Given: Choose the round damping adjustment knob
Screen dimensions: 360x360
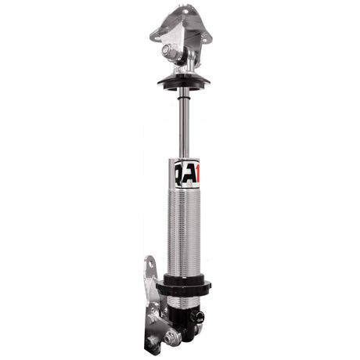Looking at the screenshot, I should coord(200,319).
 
